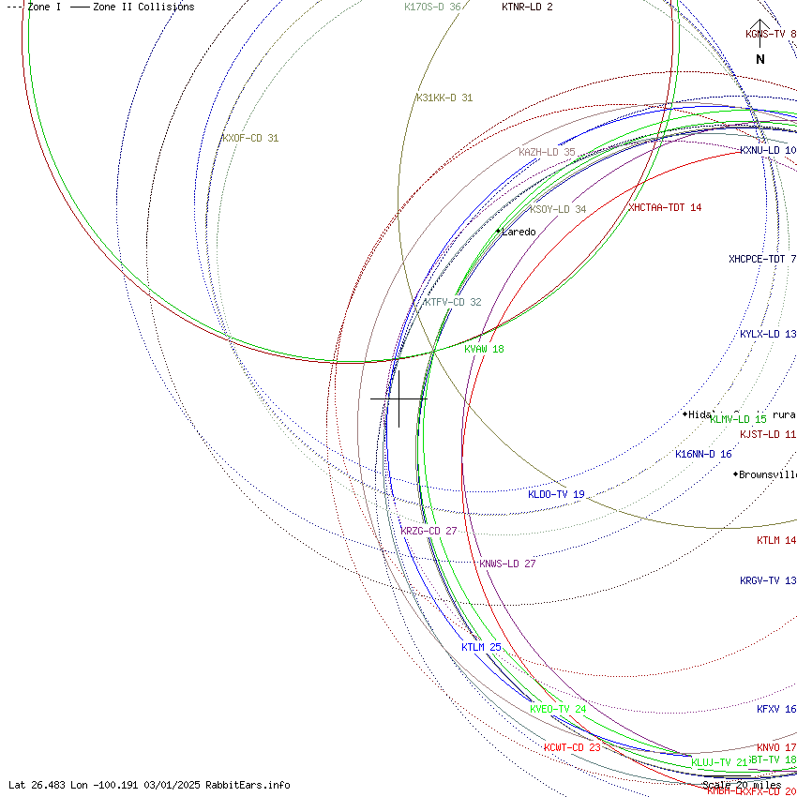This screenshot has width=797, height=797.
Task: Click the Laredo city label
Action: tap(519, 232)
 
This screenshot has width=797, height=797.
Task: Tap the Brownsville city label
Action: tap(767, 474)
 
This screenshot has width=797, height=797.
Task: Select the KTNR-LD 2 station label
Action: tap(527, 7)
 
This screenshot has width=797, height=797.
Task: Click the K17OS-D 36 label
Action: tap(432, 7)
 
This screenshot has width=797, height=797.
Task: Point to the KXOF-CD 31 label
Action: tap(250, 138)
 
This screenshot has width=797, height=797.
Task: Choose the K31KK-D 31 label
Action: tap(444, 98)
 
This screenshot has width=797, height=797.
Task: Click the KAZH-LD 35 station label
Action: tap(547, 152)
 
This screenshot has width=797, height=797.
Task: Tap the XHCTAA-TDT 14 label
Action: tap(665, 207)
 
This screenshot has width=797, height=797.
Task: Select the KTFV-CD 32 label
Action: tap(452, 302)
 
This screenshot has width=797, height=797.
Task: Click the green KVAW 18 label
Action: tap(484, 349)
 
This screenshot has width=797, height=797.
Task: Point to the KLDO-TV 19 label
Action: tap(556, 494)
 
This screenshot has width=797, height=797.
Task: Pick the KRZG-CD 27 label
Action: tap(429, 531)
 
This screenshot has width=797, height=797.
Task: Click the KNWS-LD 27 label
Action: tap(507, 564)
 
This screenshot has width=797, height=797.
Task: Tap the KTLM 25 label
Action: tap(481, 647)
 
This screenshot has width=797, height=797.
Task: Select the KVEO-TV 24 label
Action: tap(558, 709)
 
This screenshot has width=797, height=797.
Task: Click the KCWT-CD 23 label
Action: tap(572, 747)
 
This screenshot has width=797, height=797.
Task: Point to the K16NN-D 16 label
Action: tap(703, 454)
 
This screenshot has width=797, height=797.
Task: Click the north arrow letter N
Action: tap(760, 59)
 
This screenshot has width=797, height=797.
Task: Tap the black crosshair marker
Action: tap(398, 398)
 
